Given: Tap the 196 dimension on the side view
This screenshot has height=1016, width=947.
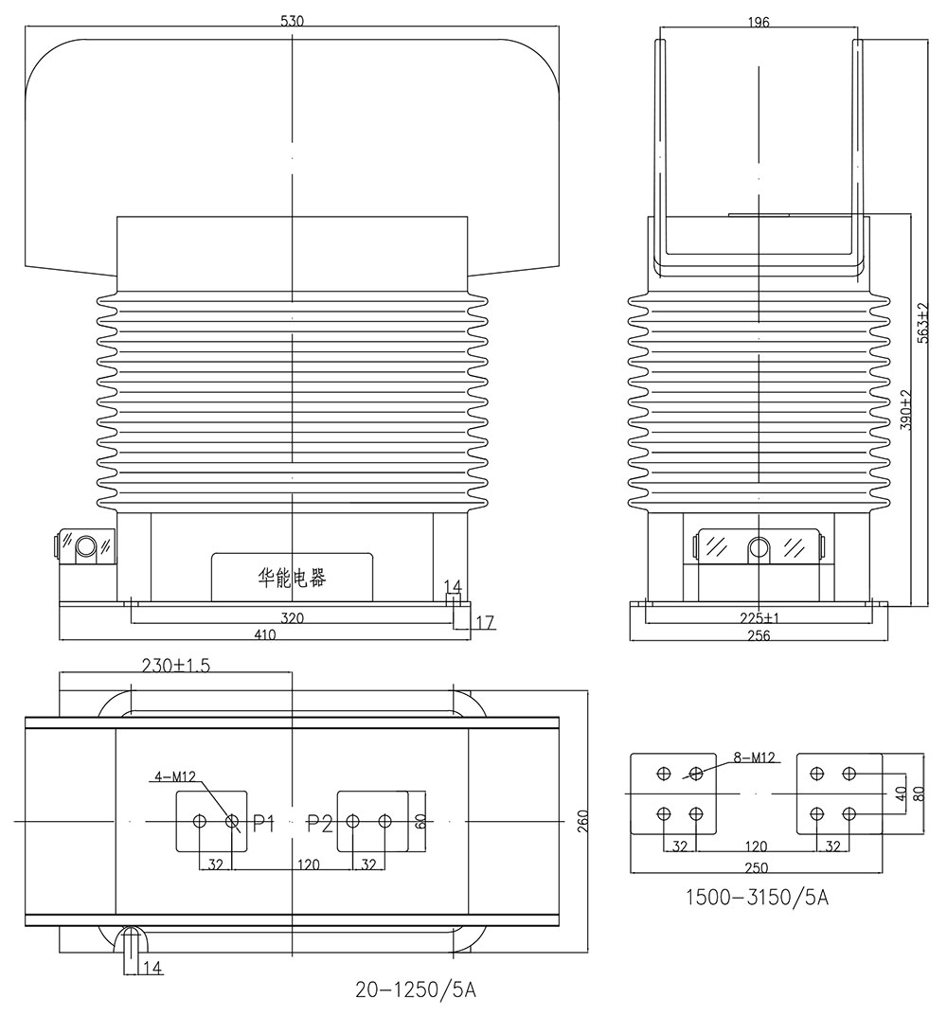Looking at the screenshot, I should (x=759, y=20).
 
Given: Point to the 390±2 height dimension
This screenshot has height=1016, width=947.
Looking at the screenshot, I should (x=906, y=410).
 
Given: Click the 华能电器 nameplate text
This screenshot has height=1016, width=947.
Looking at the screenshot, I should (x=292, y=578).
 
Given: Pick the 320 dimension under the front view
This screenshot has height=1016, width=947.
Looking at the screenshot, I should (x=292, y=617).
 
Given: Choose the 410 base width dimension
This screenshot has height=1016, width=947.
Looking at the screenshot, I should (x=264, y=635).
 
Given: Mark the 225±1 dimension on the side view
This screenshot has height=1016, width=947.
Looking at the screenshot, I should (x=758, y=618).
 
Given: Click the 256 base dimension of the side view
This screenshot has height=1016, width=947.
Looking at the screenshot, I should (x=758, y=636).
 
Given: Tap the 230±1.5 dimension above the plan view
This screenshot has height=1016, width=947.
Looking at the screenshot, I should (x=177, y=666).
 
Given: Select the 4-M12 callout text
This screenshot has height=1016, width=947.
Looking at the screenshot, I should (x=175, y=777).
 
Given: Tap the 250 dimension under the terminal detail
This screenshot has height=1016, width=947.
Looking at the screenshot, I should (x=756, y=867).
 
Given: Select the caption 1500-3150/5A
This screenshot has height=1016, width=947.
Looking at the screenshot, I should (x=756, y=897).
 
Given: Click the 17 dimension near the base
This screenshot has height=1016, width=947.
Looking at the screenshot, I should (x=485, y=622).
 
